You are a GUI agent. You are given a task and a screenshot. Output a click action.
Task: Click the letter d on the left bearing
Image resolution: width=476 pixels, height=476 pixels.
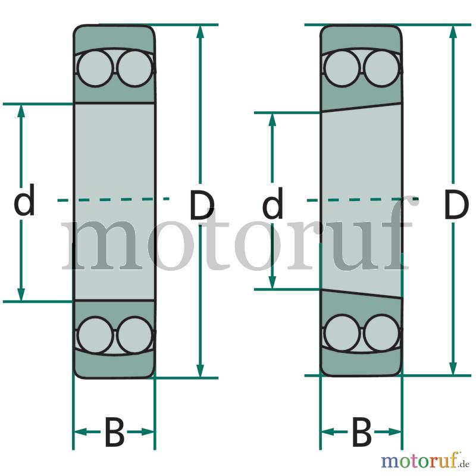tap(24, 199)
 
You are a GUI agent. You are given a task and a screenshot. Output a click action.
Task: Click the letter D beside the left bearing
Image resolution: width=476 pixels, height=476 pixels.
tap(202, 204)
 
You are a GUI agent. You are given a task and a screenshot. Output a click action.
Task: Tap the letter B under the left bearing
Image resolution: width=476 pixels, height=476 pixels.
tap(114, 432)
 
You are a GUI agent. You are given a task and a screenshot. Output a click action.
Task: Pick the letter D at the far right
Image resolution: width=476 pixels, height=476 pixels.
tap(456, 204)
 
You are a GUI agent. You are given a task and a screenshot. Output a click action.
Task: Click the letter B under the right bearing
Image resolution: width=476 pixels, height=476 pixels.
tap(362, 432)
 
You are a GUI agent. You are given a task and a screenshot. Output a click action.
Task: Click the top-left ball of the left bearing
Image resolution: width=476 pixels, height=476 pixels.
tap(95, 68)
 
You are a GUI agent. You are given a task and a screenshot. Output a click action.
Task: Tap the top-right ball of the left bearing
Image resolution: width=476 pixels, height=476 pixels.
tap(135, 68)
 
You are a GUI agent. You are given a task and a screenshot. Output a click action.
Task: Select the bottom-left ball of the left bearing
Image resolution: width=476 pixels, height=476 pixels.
tap(96, 335)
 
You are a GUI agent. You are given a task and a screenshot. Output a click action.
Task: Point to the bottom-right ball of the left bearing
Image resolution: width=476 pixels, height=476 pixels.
tap(136, 335)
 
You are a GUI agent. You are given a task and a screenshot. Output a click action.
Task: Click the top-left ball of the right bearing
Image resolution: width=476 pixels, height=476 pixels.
tap(342, 68)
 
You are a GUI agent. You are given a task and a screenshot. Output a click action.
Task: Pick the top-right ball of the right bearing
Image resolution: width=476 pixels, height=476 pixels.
tap(382, 68)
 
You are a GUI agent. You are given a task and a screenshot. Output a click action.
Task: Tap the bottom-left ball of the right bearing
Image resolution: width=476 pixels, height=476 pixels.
tap(343, 333)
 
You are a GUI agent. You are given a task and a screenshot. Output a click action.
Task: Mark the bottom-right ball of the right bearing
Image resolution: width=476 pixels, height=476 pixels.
tap(382, 333)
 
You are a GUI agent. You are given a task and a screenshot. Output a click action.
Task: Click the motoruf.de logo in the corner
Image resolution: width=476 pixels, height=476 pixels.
tap(425, 460)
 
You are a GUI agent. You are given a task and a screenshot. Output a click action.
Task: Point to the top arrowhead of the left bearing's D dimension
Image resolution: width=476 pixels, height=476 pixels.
tap(200, 32)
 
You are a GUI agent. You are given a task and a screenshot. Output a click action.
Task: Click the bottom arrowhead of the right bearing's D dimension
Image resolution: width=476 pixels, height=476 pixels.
tap(453, 368)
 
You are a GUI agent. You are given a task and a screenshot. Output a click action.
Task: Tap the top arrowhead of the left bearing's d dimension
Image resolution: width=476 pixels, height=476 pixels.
tap(21, 111)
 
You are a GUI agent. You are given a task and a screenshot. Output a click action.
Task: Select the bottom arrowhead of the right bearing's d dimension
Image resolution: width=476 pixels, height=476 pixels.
tap(273, 282)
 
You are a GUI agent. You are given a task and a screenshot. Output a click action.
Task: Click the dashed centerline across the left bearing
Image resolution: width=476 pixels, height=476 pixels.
tap(113, 199)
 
